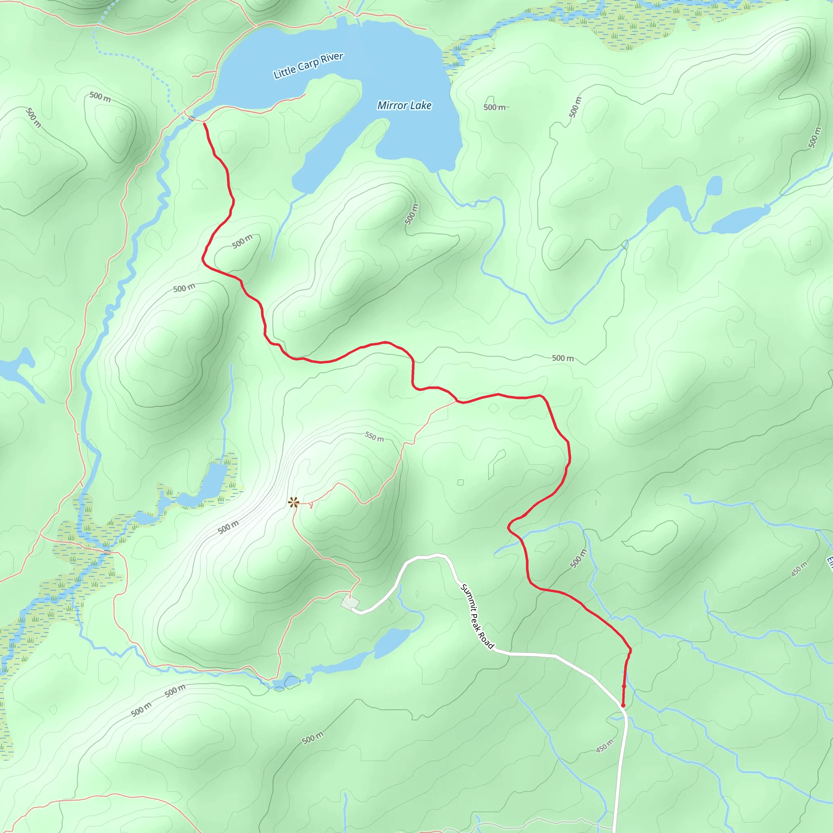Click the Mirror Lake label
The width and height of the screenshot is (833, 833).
click(404, 106)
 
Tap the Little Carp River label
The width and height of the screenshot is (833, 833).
click(308, 65)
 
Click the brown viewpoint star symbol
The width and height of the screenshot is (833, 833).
click(294, 502)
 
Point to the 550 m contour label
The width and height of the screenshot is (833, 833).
click(374, 437)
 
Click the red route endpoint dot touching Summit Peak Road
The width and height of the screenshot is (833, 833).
click(623, 705)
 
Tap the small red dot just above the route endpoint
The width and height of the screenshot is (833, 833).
click(624, 686)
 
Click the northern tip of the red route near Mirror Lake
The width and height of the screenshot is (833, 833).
click(204, 124)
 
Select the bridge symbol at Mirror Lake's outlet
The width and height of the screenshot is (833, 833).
click(192, 118)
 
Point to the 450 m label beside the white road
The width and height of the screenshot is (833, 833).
click(604, 746)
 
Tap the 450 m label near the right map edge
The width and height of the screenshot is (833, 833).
click(799, 569)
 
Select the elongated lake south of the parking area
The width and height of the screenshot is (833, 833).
click(390, 642)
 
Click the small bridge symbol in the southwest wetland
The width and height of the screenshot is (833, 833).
click(107, 552)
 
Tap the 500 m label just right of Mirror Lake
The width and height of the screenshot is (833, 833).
click(494, 107)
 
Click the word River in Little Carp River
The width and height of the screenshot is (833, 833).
click(332, 58)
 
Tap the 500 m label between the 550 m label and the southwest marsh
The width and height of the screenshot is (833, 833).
click(228, 527)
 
